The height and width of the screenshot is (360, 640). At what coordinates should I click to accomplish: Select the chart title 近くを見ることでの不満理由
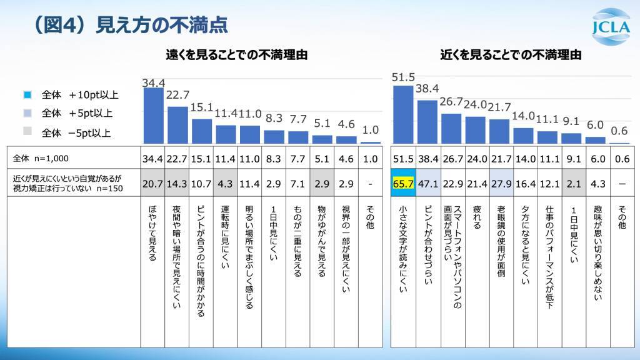point(511,55)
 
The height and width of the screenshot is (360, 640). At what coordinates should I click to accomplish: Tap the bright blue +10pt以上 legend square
point(26,95)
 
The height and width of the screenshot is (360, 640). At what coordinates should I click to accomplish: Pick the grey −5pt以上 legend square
point(26,132)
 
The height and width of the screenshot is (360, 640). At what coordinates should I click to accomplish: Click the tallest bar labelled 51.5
point(403,114)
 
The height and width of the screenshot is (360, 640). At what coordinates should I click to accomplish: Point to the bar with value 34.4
point(153,116)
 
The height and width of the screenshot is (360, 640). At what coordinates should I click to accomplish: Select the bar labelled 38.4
point(427,122)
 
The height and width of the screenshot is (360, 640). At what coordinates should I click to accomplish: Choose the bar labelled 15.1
point(202,131)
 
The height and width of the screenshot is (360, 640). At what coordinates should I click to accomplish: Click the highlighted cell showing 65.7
point(403,184)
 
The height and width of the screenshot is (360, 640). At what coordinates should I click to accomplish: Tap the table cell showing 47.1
point(427,184)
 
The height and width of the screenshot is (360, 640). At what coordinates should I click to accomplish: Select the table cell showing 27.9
point(501,184)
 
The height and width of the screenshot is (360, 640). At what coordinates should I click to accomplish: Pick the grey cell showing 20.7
point(153,184)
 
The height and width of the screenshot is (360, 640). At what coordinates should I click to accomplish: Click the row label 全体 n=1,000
point(37,159)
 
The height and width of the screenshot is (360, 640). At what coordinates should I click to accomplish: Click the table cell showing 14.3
point(177,184)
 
